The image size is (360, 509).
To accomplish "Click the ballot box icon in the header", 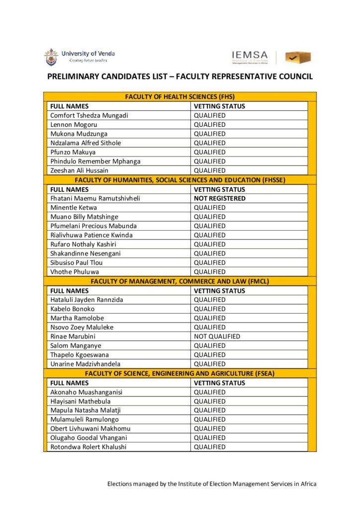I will (x=298, y=57).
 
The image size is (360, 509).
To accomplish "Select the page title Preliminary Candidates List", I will (x=180, y=77).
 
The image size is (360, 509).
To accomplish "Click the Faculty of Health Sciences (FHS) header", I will (x=180, y=96).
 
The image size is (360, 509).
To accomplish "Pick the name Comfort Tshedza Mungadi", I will (x=89, y=115).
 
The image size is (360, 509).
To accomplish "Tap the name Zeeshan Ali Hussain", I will (x=79, y=170).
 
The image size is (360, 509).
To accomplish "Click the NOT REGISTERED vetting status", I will (x=219, y=198).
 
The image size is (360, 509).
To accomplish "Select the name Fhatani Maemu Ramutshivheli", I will (x=95, y=198).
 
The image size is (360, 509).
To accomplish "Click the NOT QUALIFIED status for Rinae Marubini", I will (x=217, y=337).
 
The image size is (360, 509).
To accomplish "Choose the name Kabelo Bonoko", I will (x=73, y=309).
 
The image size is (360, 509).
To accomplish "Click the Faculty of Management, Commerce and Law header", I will (x=180, y=281).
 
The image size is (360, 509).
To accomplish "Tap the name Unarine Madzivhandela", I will (x=85, y=364).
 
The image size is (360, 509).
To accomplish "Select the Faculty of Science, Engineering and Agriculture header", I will (x=180, y=373).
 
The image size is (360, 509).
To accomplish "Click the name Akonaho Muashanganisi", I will (x=86, y=392).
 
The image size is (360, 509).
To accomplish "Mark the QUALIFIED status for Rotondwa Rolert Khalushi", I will (x=209, y=447).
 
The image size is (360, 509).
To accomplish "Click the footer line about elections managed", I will (x=212, y=484).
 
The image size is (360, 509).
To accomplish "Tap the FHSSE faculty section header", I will (x=180, y=180).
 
